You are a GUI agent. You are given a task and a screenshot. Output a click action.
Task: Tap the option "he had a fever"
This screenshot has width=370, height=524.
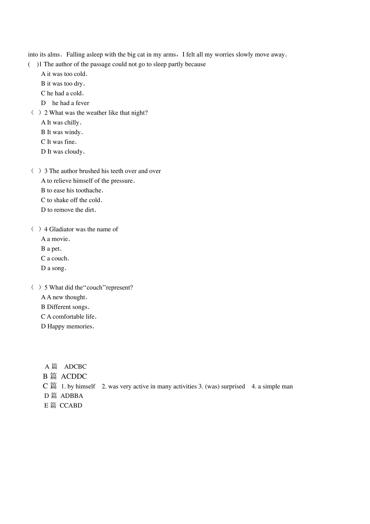coord(71,103)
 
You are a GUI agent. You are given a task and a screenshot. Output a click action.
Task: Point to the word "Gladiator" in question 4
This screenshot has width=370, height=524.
coord(61,229)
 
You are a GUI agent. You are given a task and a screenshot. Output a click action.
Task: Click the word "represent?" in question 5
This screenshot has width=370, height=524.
coord(119,287)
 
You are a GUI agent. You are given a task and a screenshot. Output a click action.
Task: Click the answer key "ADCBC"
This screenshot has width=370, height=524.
coord(75,367)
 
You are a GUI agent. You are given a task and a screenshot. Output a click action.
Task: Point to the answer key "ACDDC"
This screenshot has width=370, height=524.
coord(74,376)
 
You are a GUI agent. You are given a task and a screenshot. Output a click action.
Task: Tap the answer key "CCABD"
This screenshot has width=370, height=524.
coord(71,406)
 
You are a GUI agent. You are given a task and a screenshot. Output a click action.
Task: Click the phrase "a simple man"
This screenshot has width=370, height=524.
coord(275,386)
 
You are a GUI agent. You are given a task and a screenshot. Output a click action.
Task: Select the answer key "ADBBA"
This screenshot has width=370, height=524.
coord(72,396)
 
